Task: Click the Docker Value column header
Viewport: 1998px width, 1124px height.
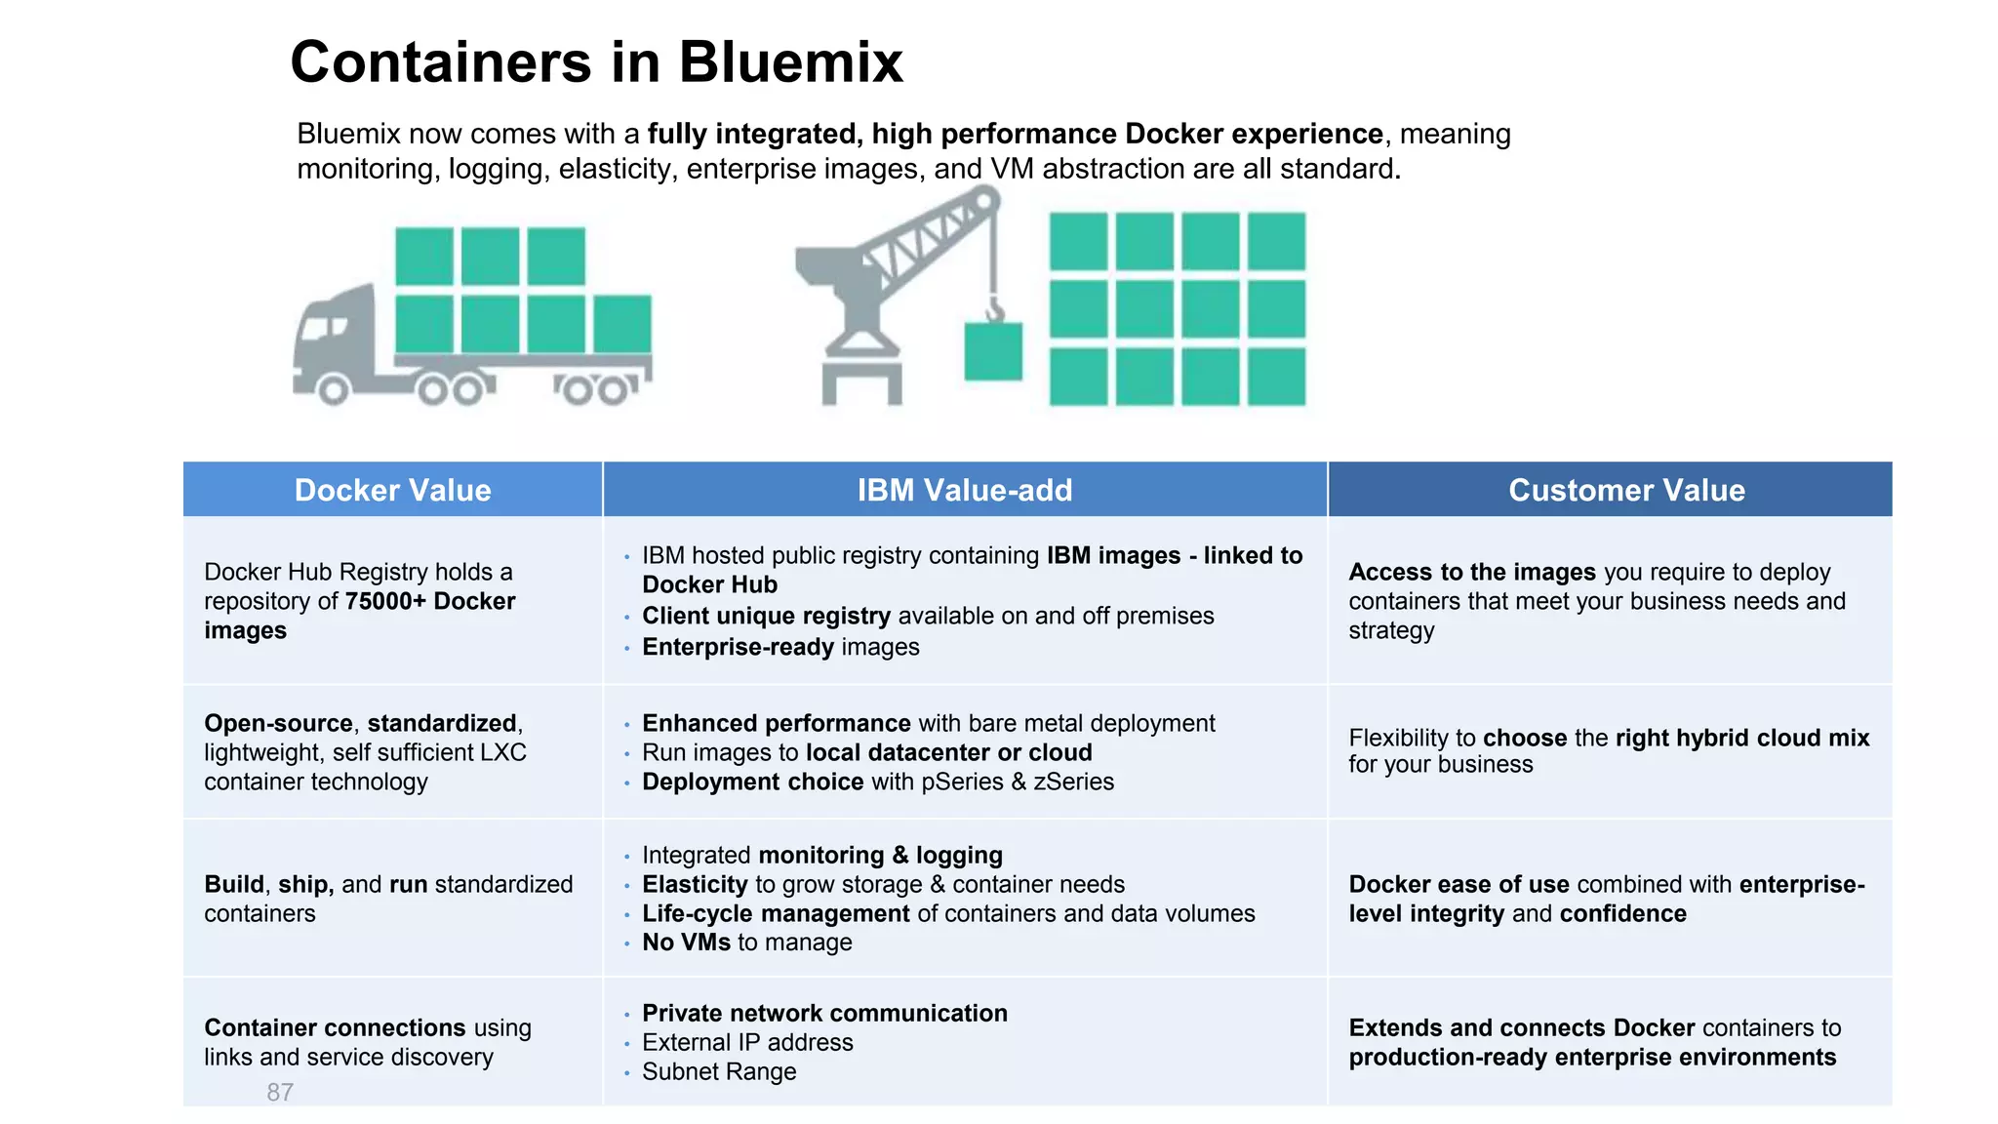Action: [392, 490]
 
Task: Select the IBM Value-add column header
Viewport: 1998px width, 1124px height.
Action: [964, 490]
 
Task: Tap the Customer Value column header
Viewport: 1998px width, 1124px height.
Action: [1626, 490]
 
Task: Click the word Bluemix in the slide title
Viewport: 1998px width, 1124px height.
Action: [790, 62]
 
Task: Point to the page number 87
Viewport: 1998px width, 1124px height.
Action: [280, 1092]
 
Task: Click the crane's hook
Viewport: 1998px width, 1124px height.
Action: [994, 309]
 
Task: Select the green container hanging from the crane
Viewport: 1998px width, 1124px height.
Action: [993, 351]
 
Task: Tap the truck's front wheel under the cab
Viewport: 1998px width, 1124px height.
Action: [333, 390]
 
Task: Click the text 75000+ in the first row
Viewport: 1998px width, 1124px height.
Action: [385, 601]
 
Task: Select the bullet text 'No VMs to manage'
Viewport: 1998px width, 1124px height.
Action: [746, 943]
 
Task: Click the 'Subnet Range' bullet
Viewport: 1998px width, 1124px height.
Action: [719, 1071]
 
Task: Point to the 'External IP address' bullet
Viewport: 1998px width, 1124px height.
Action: [747, 1042]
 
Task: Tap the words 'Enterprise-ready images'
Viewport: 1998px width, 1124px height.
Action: [780, 647]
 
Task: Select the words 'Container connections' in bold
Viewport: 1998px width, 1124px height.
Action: [335, 1027]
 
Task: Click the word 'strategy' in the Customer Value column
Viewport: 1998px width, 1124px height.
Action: [1391, 630]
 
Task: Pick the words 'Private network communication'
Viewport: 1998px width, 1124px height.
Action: [824, 1013]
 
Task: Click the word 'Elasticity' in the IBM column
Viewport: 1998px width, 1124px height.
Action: [695, 884]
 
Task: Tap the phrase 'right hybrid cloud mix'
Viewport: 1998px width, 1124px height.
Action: [1742, 738]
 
